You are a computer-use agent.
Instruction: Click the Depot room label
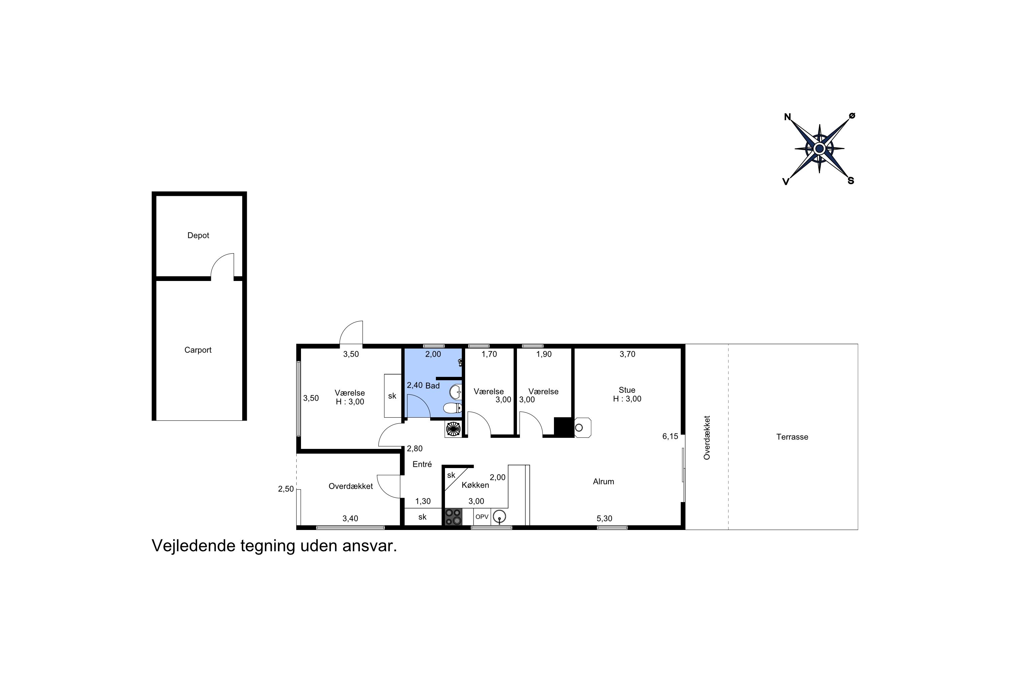point(198,236)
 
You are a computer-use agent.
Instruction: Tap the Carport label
point(198,350)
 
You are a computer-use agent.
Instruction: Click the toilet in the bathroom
point(453,408)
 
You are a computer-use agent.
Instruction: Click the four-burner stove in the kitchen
point(453,517)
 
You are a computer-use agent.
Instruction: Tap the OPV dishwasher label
point(482,517)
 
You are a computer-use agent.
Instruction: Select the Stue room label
point(627,390)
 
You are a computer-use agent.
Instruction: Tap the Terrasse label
point(792,437)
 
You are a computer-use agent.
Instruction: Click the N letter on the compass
point(787,117)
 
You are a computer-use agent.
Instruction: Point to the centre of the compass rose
point(819,148)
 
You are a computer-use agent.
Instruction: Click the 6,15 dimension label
point(670,436)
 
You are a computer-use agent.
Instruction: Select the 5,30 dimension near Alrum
point(604,519)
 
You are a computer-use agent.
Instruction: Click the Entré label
point(422,464)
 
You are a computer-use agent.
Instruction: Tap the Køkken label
point(475,485)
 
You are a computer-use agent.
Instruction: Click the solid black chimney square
point(563,427)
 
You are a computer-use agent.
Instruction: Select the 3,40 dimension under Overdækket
point(350,519)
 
